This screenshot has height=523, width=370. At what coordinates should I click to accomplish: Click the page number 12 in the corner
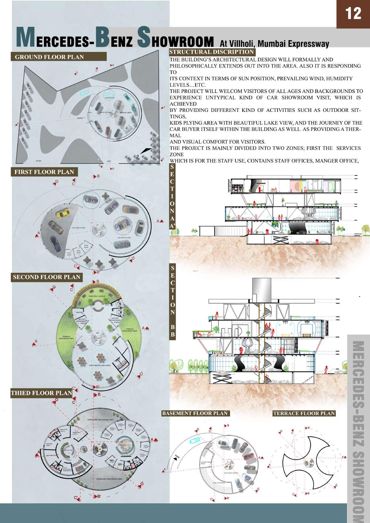tap(353, 13)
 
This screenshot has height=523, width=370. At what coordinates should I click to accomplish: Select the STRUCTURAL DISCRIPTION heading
tap(212, 52)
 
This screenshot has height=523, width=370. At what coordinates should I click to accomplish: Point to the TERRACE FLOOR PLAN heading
tap(304, 413)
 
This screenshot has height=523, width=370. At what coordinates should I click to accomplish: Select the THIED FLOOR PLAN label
tap(41, 393)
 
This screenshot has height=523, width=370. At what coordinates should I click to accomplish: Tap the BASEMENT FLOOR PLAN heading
tap(195, 413)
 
